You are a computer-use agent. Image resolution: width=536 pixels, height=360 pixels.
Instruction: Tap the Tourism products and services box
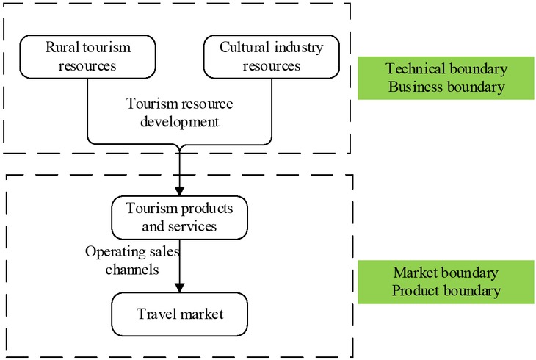(179, 217)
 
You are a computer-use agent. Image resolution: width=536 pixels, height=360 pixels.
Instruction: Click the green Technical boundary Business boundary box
(445, 79)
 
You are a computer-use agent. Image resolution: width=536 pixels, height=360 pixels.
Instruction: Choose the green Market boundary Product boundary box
(445, 282)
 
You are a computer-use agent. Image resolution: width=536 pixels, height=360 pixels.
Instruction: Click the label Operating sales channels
(132, 260)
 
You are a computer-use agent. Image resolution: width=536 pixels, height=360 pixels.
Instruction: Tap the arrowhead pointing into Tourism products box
(179, 190)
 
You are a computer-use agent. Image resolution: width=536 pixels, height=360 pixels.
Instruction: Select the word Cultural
(243, 48)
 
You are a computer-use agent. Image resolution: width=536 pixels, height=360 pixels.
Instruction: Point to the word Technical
(416, 70)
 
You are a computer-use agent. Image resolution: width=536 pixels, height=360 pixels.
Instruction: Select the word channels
(133, 269)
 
